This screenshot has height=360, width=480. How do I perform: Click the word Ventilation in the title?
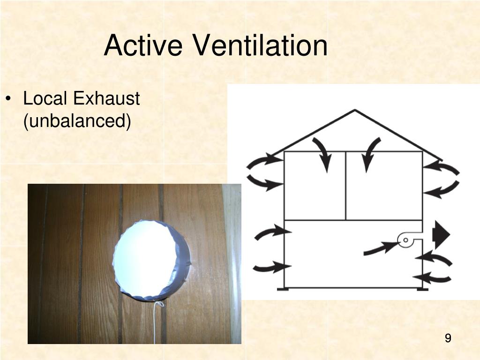click(260, 46)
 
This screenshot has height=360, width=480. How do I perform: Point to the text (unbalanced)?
click(77, 121)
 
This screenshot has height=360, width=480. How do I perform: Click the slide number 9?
click(448, 338)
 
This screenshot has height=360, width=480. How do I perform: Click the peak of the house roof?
click(355, 111)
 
